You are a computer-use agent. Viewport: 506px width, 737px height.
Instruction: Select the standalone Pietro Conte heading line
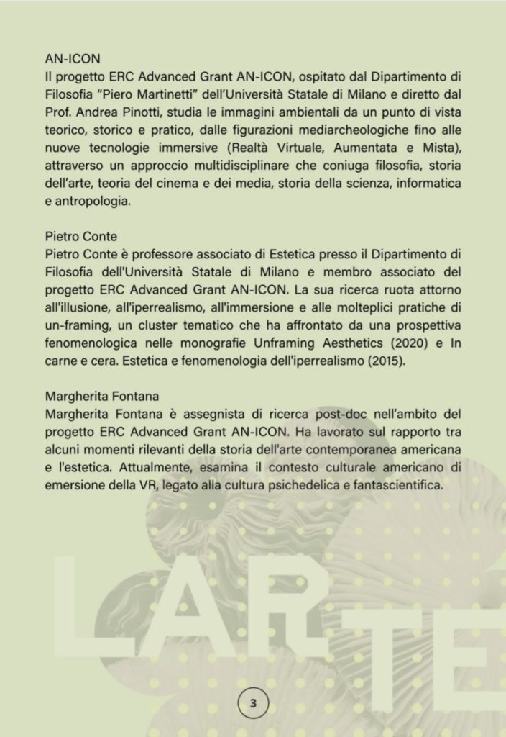click(78, 238)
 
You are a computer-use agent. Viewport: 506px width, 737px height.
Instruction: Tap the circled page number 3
click(253, 703)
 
